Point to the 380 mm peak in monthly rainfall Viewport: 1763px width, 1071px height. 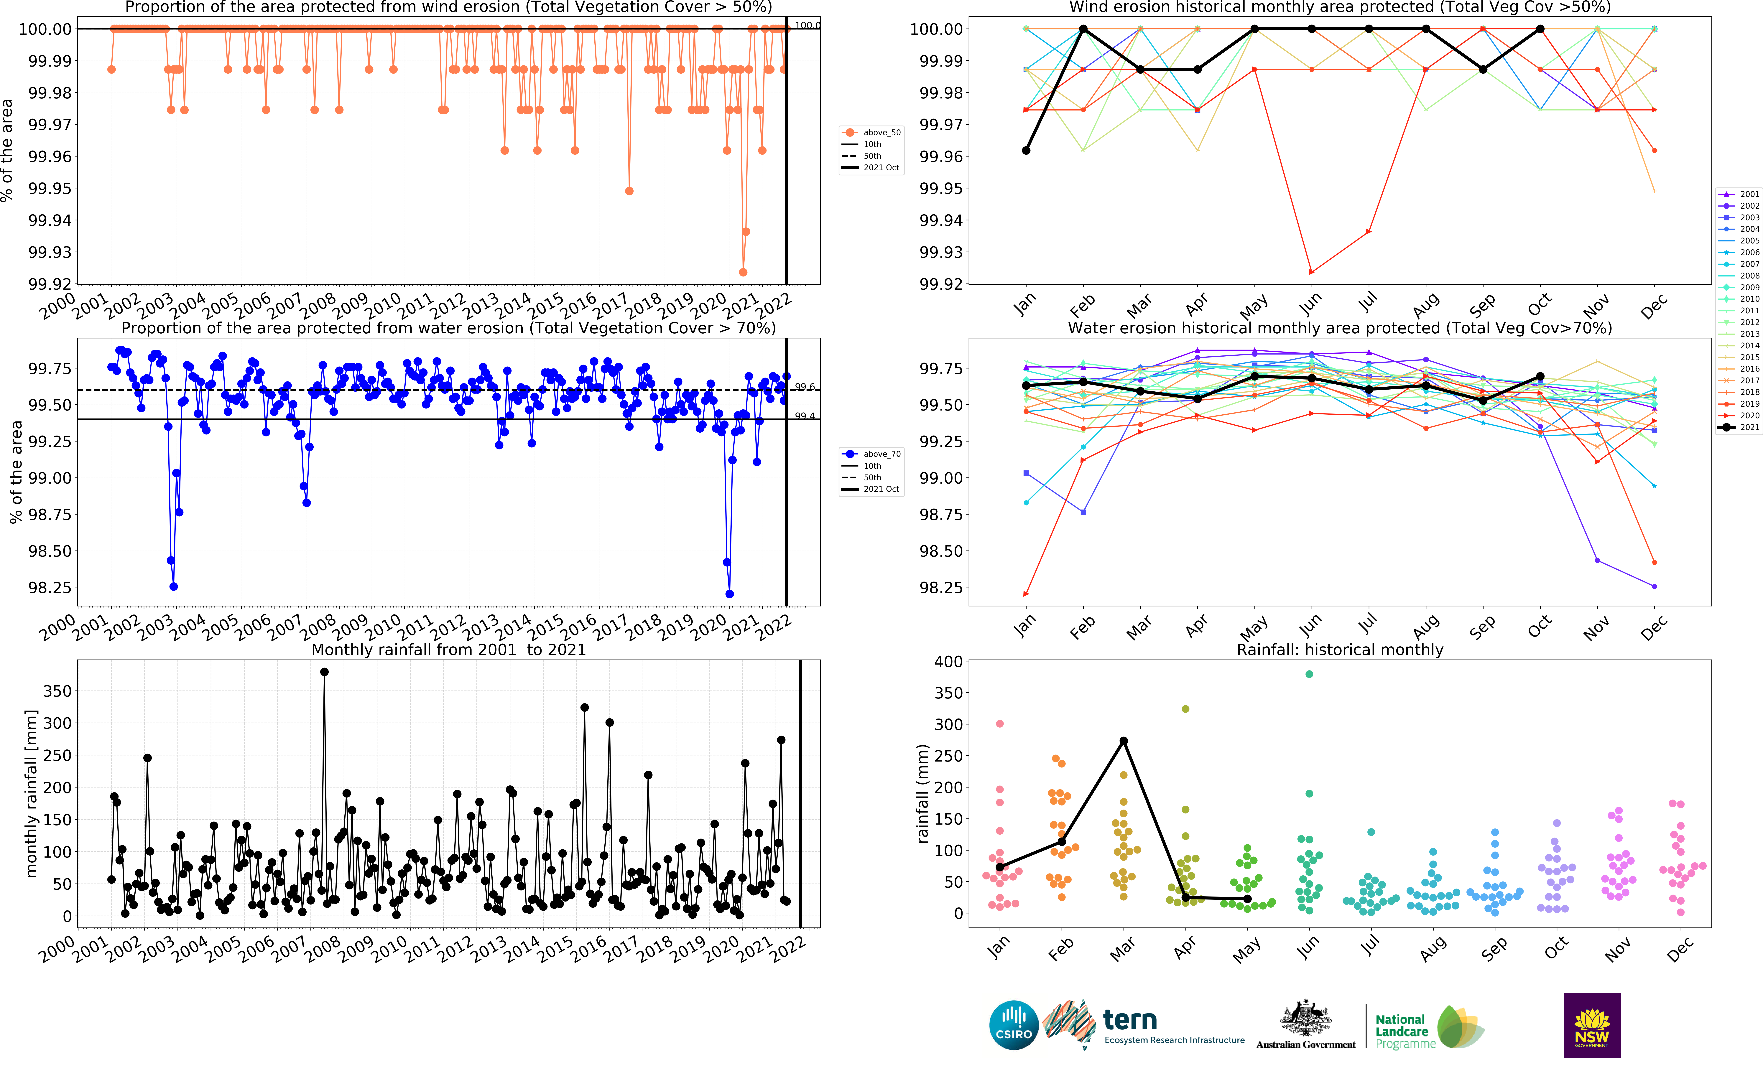pyautogui.click(x=324, y=672)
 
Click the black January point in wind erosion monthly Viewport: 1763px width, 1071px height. pyautogui.click(x=1026, y=150)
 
